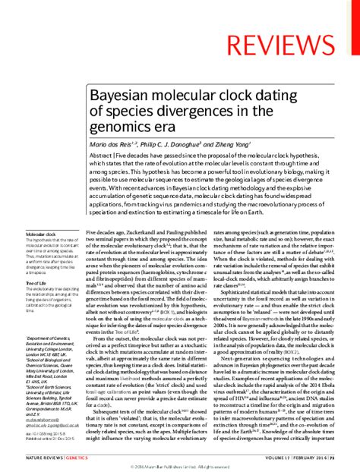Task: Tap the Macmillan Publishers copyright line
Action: tap(181, 464)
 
